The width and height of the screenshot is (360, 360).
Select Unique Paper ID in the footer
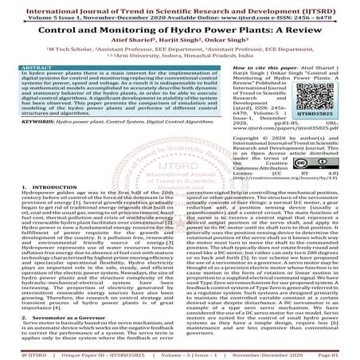tap(85, 351)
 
